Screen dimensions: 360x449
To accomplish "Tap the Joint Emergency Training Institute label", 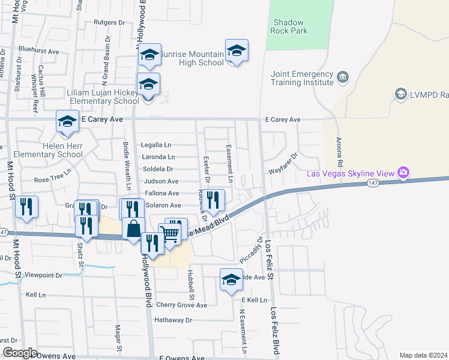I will (x=302, y=79).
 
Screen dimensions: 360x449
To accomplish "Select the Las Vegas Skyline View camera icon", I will (x=403, y=173).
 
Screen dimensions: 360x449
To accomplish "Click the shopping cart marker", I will (x=170, y=235).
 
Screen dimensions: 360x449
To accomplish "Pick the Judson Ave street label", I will (x=161, y=181).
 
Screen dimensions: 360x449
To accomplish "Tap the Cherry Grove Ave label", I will (x=181, y=305).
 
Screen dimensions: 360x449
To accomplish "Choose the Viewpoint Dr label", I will (x=43, y=276).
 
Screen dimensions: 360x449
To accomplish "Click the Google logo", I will (x=19, y=353).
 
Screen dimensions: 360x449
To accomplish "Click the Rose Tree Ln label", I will (x=52, y=179).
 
